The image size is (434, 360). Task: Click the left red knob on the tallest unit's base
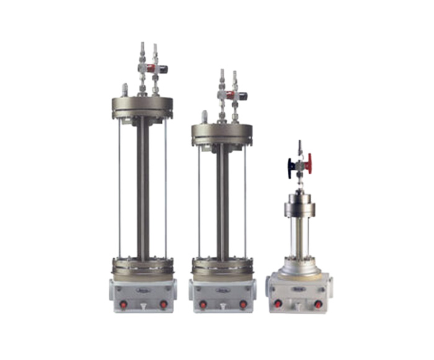coord(123,304)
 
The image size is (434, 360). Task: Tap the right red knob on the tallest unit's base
coord(163,304)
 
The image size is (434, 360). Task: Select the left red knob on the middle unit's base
coord(203,304)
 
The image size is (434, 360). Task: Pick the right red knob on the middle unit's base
coord(243,304)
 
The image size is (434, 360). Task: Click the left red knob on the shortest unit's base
coord(278,304)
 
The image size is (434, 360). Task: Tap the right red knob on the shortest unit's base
coord(318,304)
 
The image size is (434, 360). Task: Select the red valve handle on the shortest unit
coord(309,164)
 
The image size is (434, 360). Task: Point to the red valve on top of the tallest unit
coord(151,68)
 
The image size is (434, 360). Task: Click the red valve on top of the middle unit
coord(230,96)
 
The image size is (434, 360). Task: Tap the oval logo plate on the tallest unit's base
coord(143,289)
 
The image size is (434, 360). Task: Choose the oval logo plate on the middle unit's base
coord(223,289)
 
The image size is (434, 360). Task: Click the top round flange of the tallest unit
coord(142,106)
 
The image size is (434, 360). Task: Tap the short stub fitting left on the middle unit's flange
coord(204,117)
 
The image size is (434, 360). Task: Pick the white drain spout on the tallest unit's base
coord(143,307)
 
